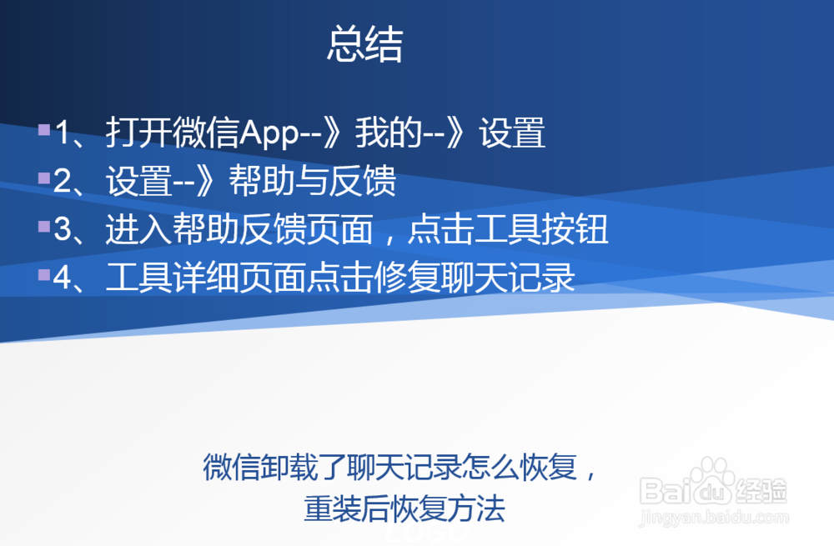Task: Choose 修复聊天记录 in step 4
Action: point(508,278)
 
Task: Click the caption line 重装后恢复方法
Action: point(404,508)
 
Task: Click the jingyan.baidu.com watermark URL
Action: point(713,518)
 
